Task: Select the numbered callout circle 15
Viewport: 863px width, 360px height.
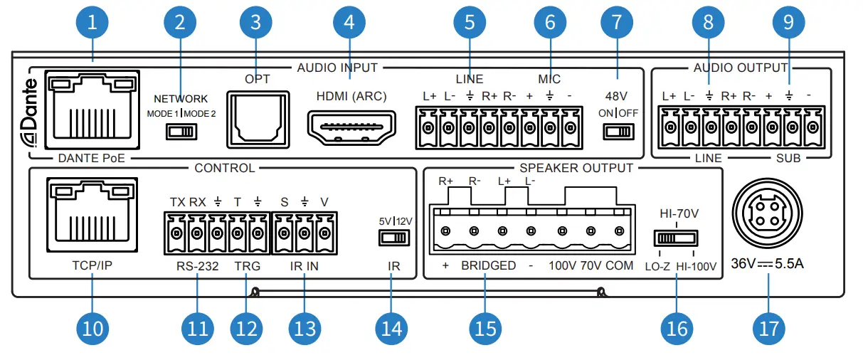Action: coord(485,328)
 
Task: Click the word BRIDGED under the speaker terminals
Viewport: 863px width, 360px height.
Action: coord(488,266)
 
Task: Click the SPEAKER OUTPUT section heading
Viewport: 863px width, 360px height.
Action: coord(576,169)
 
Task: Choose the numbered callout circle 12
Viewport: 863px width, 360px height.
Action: coord(246,328)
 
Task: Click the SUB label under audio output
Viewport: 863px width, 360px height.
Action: coord(787,158)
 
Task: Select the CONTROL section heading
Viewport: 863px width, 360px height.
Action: coord(224,169)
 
